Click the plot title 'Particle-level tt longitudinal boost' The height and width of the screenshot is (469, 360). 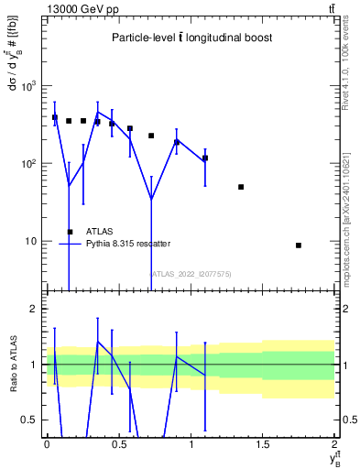pyautogui.click(x=191, y=38)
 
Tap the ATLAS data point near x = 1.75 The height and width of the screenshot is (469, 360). pyautogui.click(x=299, y=245)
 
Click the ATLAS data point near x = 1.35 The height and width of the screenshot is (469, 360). pyautogui.click(x=241, y=187)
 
